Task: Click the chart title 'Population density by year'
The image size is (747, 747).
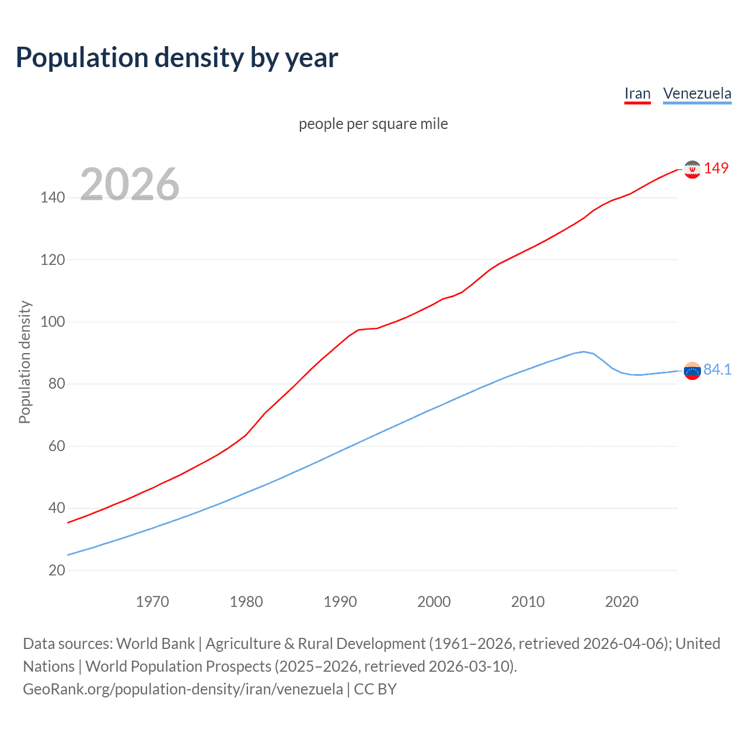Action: (177, 58)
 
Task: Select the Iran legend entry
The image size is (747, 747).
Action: (637, 94)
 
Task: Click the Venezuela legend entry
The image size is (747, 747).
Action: (697, 94)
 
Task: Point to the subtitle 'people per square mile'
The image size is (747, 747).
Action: (373, 124)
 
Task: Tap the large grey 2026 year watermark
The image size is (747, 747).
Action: (130, 184)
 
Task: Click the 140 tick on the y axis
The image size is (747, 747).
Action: (53, 198)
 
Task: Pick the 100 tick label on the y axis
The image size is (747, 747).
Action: (53, 322)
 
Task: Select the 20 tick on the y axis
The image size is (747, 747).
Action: (57, 570)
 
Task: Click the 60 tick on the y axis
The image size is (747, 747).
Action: (57, 446)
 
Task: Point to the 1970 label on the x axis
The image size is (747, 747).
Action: (152, 602)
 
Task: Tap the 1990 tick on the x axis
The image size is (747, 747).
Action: (340, 602)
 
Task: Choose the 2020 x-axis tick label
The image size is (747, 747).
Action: (622, 602)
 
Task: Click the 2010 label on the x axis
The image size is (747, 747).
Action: (528, 602)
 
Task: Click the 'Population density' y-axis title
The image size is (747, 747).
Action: (25, 362)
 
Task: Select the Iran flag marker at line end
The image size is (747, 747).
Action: (692, 169)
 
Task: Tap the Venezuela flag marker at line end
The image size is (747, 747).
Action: (692, 371)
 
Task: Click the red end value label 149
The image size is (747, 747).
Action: (716, 168)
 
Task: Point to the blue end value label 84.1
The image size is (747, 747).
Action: (717, 369)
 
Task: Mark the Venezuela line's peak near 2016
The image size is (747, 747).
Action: (584, 351)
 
